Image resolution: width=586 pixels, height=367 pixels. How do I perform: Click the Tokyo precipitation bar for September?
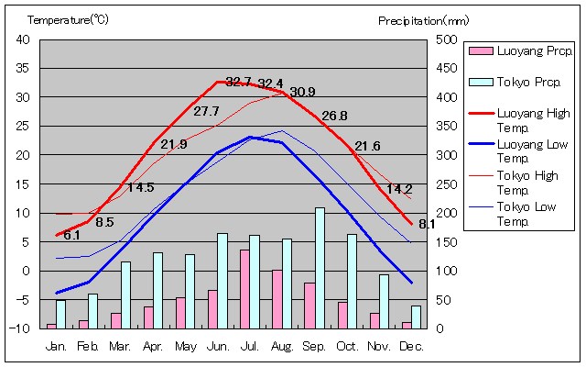pyautogui.click(x=320, y=268)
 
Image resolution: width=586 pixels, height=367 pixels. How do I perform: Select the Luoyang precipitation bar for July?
pyautogui.click(x=244, y=289)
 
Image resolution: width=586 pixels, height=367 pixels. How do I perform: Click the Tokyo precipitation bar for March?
pyautogui.click(x=125, y=295)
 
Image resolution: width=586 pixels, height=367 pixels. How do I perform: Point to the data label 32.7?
pyautogui.click(x=238, y=82)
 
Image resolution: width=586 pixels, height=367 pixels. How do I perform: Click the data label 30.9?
pyautogui.click(x=302, y=92)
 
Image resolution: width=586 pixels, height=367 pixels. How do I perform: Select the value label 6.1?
pyautogui.click(x=71, y=235)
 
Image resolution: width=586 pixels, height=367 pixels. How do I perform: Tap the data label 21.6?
pyautogui.click(x=367, y=146)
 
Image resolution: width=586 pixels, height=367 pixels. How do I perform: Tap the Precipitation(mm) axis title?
pyautogui.click(x=423, y=19)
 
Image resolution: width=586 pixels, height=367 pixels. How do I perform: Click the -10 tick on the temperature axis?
pyautogui.click(x=23, y=328)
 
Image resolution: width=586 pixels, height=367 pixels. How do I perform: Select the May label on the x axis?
pyautogui.click(x=185, y=346)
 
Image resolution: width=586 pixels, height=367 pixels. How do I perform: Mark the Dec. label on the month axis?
pyautogui.click(x=411, y=346)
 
